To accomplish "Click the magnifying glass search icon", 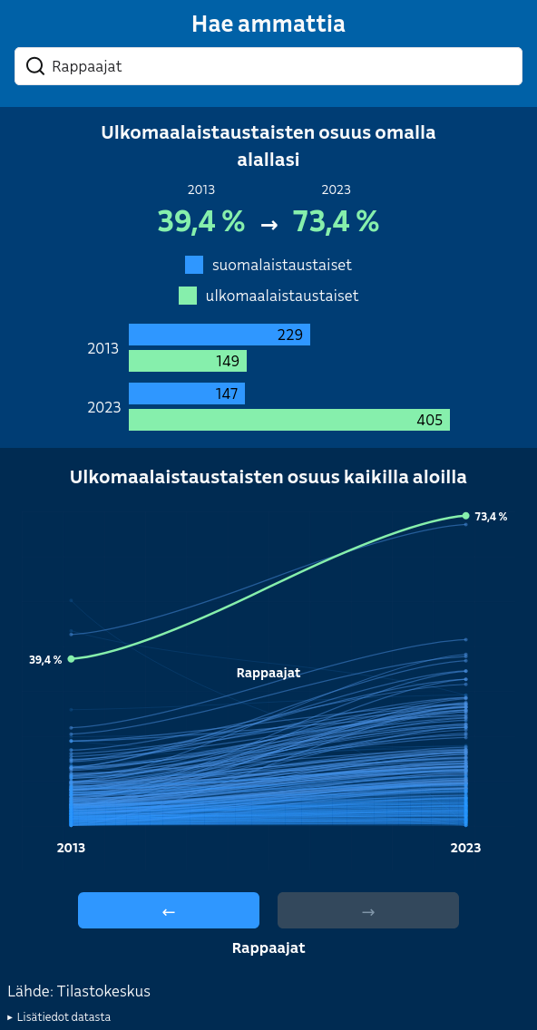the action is point(34,65).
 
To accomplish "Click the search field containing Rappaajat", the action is point(268,65).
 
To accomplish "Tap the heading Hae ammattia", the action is point(268,24).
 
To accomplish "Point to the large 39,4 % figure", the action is point(201,220).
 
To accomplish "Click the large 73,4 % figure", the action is point(336,220).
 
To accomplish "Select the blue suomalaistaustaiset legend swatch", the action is point(194,265).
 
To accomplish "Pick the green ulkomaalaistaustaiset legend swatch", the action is point(188,296).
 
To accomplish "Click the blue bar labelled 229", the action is point(220,335).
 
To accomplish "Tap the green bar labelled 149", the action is point(188,361).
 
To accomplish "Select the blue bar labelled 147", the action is point(187,394).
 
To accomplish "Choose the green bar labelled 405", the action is point(289,420).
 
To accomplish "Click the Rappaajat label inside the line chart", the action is point(268,673).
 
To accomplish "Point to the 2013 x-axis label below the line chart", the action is point(71,848).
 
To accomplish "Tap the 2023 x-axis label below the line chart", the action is point(465,848).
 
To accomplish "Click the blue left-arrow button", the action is point(169,909).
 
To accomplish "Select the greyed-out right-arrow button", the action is point(368,909).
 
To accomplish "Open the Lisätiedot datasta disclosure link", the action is point(59,1017).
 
